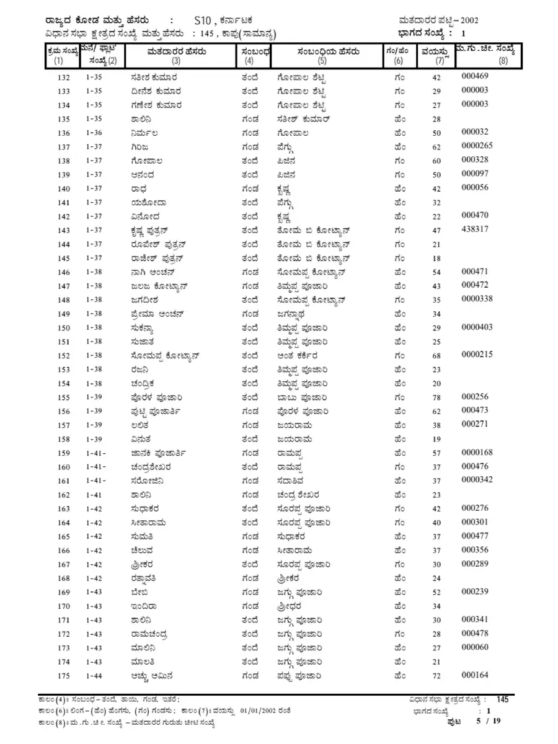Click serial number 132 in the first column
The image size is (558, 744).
click(x=63, y=77)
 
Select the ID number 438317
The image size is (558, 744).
click(x=475, y=229)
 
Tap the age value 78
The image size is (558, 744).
click(x=436, y=397)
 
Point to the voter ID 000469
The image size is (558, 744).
click(x=475, y=76)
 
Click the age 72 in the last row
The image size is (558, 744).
click(x=436, y=676)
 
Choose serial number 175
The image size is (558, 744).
click(x=63, y=676)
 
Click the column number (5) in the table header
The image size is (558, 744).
click(x=322, y=61)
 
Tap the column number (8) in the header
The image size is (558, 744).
click(x=502, y=61)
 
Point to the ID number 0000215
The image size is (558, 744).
click(x=477, y=354)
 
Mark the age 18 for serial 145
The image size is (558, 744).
click(x=436, y=258)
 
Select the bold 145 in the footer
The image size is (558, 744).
click(x=502, y=700)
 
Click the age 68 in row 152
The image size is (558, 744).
click(x=436, y=356)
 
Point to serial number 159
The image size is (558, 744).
click(x=63, y=453)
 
